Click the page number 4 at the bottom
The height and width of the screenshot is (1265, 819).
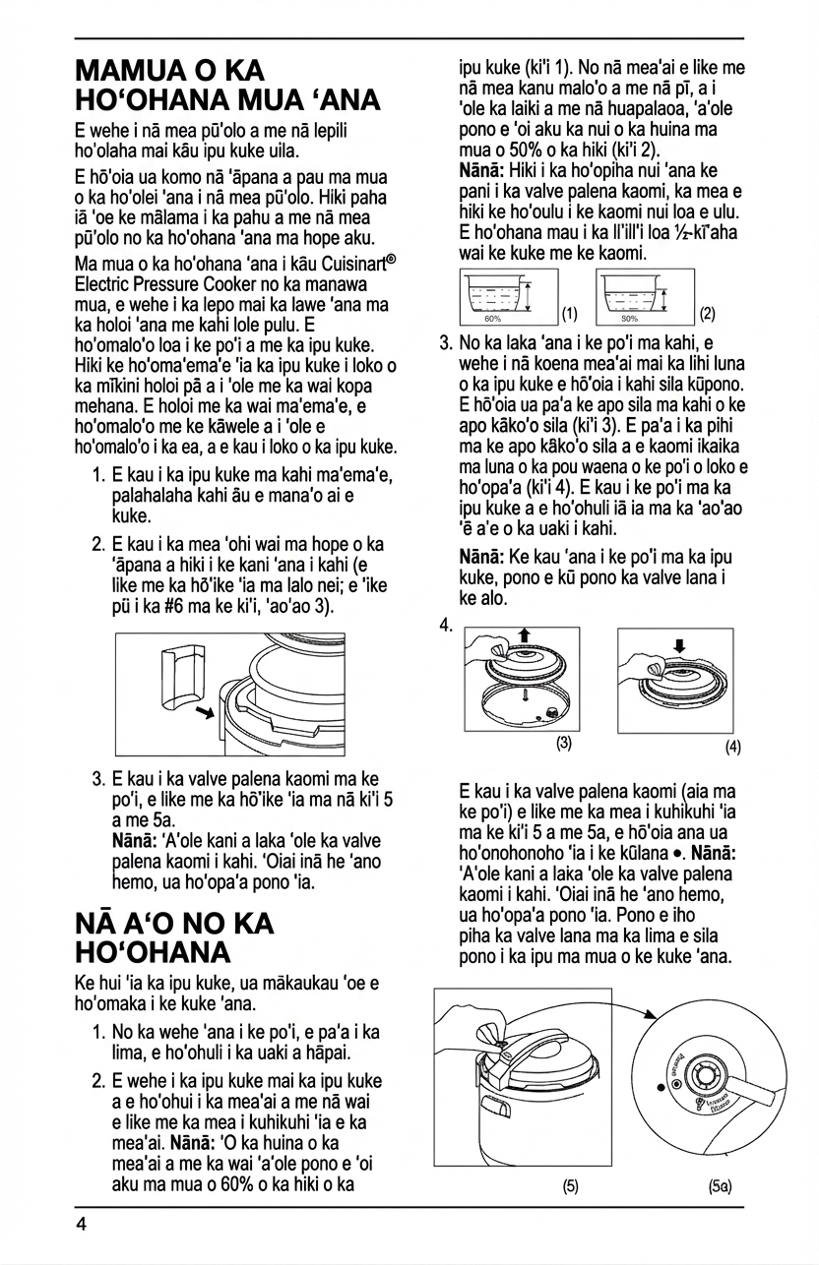click(82, 1225)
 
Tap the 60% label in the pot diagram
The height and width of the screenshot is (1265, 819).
click(493, 319)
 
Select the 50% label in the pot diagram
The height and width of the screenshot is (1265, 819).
click(629, 319)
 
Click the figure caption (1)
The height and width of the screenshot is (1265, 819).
click(569, 315)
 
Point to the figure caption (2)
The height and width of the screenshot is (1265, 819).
click(707, 315)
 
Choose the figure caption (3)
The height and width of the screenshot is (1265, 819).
click(564, 743)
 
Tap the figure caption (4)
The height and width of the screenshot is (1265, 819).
click(733, 747)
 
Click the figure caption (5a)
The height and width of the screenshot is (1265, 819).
click(720, 1186)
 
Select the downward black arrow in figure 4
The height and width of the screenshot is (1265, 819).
click(679, 646)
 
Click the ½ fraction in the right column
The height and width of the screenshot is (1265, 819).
click(696, 232)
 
